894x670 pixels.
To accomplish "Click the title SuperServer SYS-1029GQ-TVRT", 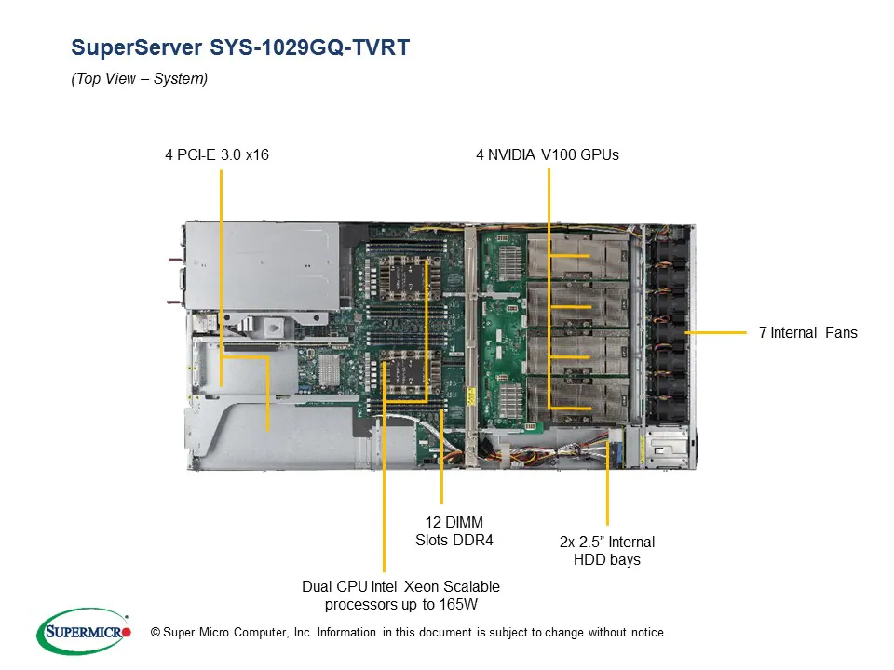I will click(x=240, y=47).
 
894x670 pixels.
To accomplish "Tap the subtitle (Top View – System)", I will click(x=139, y=79).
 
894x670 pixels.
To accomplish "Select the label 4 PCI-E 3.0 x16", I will click(x=217, y=154).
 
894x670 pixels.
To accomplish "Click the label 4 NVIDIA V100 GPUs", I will click(x=547, y=154).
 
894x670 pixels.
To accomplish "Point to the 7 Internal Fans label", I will click(x=807, y=332).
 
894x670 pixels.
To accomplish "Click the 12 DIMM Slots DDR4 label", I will click(x=454, y=530).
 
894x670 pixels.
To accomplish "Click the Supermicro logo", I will click(x=83, y=632).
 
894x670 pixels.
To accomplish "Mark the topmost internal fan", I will click(x=669, y=244).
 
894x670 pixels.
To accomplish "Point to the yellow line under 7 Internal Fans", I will click(x=717, y=332).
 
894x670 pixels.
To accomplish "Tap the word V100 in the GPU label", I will click(x=562, y=154).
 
